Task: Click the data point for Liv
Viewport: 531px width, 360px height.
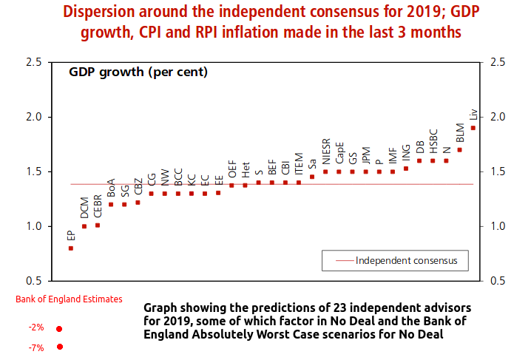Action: coord(473,127)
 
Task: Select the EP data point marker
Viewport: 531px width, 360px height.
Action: coord(71,248)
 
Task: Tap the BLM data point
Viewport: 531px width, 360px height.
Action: coord(459,149)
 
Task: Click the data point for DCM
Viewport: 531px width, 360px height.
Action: coord(84,226)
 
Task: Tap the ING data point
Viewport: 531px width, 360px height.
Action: coord(405,169)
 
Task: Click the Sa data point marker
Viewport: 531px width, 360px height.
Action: coord(312,177)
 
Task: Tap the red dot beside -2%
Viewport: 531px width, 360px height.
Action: coord(59,329)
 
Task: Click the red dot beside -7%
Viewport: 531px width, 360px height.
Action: coord(59,347)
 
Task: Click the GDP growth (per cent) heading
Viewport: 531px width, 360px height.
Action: coord(138,72)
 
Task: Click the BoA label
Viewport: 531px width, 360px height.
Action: coord(111,187)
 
